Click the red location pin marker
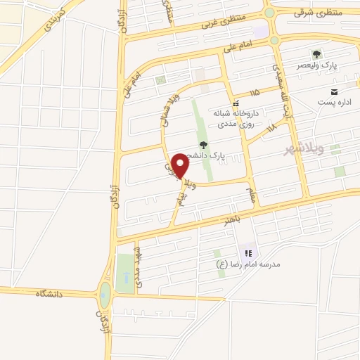tap(181, 165)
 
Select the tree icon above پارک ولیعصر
tap(317, 53)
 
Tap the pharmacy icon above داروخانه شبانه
tap(237, 103)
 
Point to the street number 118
tap(272, 128)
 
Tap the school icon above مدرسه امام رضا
tap(247, 252)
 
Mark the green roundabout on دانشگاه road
tap(105, 295)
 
